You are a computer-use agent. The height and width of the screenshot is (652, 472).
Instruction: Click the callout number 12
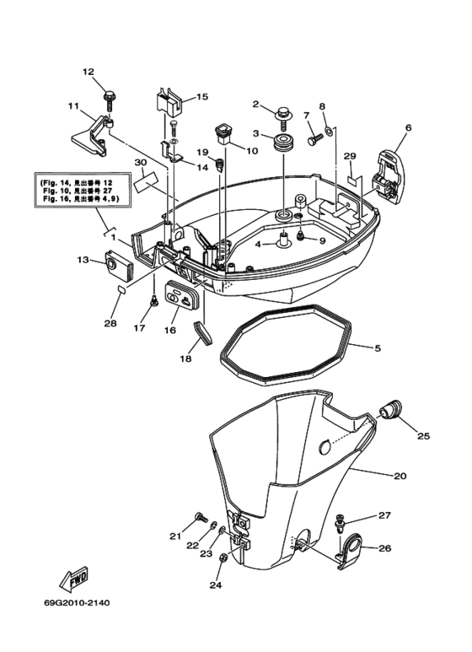pos(88,72)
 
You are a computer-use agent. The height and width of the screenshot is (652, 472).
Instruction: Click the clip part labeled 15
pos(167,101)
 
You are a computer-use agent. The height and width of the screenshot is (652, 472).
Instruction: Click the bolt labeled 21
pos(200,515)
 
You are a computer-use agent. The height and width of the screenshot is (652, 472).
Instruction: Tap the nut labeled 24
pos(223,559)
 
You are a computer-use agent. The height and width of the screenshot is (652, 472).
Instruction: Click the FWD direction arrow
pos(73,581)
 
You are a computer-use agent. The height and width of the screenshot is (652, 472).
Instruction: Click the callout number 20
pos(400,476)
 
